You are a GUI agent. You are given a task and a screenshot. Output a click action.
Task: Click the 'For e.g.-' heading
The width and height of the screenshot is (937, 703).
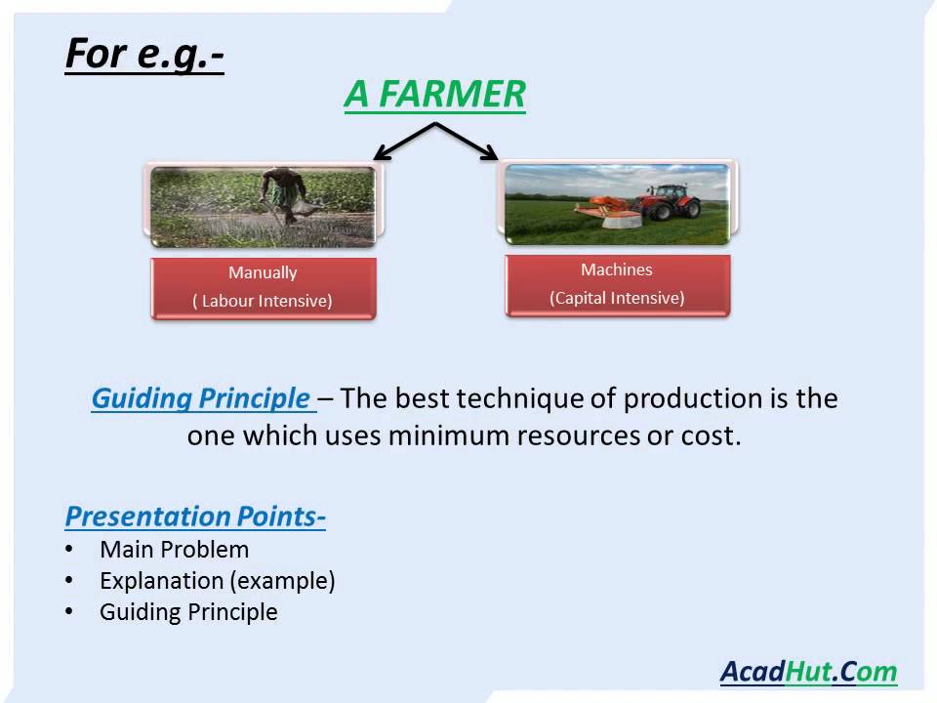144,55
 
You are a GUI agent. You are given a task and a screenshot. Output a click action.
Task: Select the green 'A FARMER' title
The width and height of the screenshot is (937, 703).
434,94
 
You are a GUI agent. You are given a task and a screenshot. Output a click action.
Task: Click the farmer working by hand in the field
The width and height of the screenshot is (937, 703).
286,195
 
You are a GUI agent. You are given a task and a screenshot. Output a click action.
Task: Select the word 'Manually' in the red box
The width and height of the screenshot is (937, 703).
263,272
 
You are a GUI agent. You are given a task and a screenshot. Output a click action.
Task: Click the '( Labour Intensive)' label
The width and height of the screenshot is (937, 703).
263,301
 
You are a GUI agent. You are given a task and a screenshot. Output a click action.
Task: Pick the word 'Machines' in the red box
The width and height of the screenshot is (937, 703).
617,269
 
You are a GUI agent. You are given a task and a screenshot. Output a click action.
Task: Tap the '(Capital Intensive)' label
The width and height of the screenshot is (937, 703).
617,298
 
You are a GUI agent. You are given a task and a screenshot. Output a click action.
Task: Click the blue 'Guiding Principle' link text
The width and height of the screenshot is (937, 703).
201,398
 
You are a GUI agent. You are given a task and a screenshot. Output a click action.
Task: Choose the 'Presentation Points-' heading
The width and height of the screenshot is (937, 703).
195,517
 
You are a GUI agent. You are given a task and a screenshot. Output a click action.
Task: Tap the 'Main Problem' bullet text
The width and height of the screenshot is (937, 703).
175,550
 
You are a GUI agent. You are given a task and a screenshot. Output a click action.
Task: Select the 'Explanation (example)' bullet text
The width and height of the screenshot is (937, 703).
218,581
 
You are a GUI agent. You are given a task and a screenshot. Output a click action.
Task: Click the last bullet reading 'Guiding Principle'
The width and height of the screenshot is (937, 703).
188,612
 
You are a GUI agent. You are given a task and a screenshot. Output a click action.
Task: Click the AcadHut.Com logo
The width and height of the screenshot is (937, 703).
808,672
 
